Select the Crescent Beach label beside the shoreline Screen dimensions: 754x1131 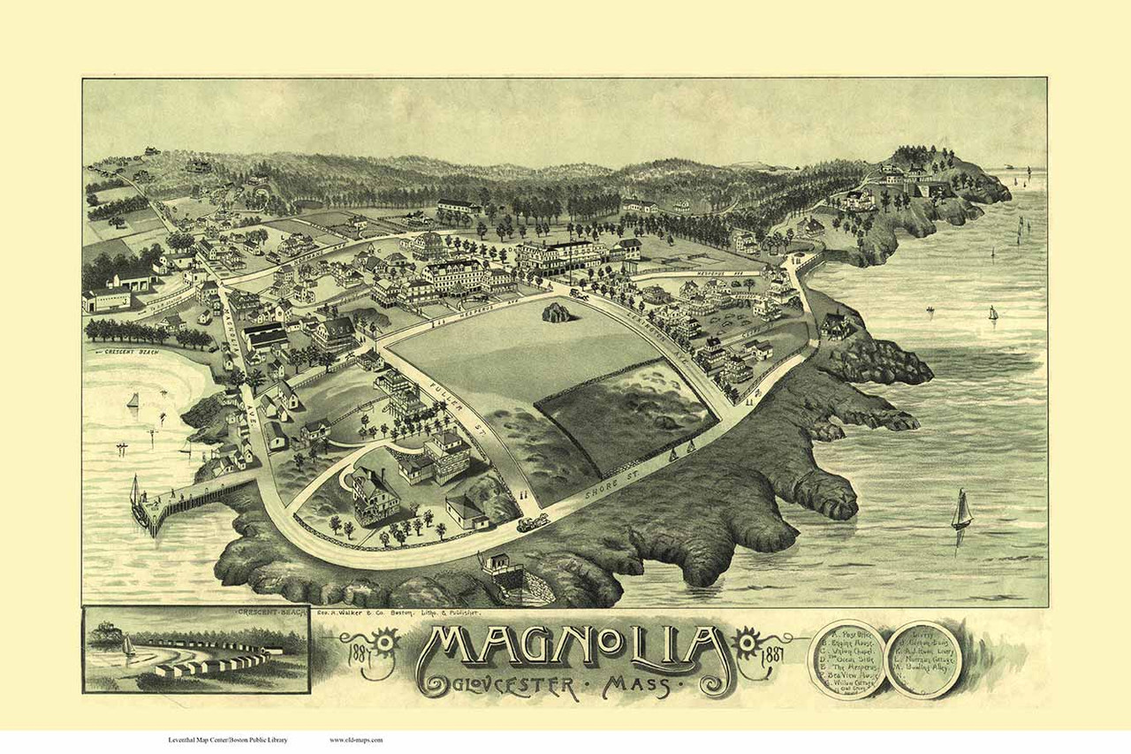click(133, 351)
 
